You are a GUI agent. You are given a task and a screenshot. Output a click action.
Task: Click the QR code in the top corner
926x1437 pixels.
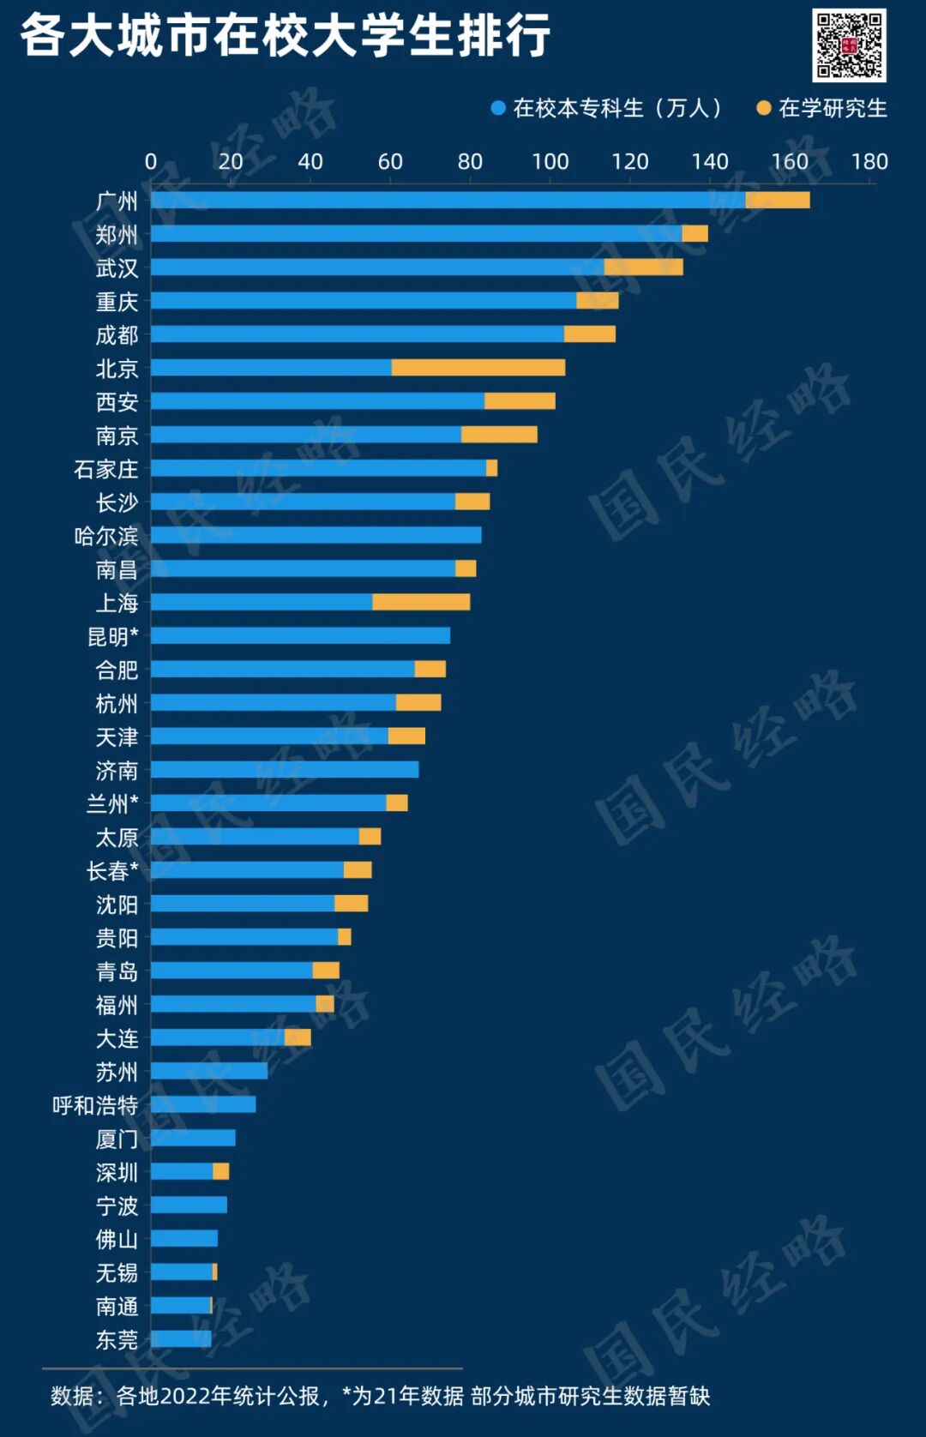[x=849, y=45]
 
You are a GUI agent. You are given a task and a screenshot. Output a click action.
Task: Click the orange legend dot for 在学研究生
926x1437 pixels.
[x=763, y=108]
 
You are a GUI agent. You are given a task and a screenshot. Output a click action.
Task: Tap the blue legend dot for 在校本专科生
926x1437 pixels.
[x=497, y=108]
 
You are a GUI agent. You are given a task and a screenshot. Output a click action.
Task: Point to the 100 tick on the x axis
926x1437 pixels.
[x=550, y=161]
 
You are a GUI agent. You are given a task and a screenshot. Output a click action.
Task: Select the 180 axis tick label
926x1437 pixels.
[x=869, y=161]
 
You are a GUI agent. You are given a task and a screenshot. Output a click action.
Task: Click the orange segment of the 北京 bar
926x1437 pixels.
[x=478, y=368]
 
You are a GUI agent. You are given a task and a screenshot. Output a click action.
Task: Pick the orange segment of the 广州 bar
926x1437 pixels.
[x=777, y=201]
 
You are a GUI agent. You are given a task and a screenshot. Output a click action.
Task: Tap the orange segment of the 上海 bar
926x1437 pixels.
[x=421, y=602]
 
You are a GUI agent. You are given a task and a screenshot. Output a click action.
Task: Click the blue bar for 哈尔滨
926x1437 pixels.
[x=316, y=535]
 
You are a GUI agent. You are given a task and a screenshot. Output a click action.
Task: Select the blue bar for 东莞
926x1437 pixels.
[x=181, y=1339]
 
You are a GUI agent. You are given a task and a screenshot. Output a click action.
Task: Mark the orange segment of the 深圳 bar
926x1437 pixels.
[x=220, y=1172]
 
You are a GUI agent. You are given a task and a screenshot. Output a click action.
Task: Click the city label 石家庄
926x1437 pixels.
[x=105, y=469]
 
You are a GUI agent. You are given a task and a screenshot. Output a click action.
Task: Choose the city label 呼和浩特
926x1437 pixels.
[x=95, y=1105]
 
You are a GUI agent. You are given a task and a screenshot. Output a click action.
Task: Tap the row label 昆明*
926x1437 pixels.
[x=112, y=636]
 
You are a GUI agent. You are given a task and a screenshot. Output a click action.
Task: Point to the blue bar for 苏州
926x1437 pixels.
[x=209, y=1071]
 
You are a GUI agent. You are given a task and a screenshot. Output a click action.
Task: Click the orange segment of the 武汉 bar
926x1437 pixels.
[x=643, y=268]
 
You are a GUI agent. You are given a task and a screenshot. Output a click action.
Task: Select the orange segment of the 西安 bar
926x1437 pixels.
[x=520, y=401]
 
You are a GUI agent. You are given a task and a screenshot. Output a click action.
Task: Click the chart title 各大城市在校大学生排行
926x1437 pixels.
[x=285, y=36]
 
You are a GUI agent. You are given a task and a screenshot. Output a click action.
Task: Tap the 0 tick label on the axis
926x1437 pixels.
[x=151, y=161]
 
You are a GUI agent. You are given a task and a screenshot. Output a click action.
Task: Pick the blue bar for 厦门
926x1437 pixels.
[x=193, y=1139]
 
